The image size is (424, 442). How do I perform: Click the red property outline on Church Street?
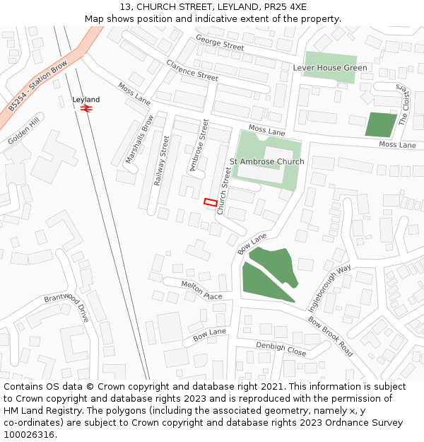click(210, 202)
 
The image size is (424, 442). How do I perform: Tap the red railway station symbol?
click(86, 110)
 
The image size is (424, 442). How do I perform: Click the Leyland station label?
click(86, 100)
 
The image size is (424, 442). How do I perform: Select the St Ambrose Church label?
click(267, 161)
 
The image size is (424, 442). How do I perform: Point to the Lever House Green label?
click(330, 68)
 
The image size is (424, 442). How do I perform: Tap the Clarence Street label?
click(192, 69)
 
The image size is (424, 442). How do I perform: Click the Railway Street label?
click(162, 161)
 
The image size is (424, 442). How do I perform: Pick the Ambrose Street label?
click(199, 146)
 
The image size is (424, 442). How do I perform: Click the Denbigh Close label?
click(281, 349)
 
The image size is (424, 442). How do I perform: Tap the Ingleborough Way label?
click(330, 289)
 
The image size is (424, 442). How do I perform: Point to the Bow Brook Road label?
click(331, 336)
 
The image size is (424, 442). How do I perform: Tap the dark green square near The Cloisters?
click(380, 124)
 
